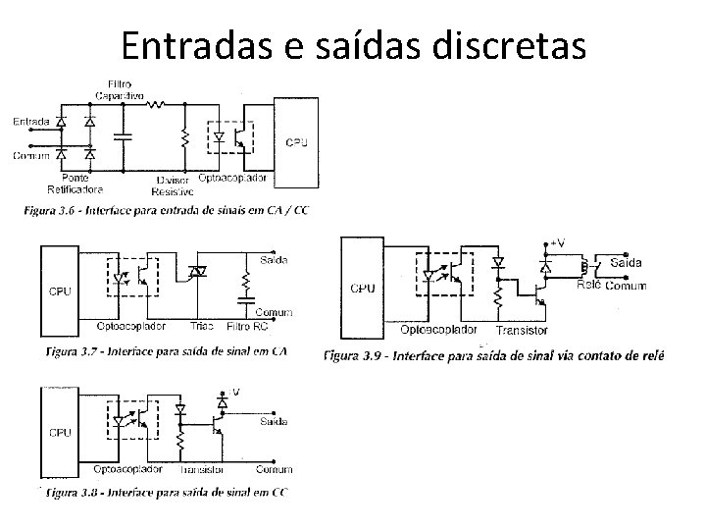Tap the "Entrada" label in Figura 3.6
click(31, 122)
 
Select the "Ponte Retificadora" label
click(75, 185)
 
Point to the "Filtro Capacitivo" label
click(120, 90)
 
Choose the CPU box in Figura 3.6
click(296, 142)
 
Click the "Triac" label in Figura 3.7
click(202, 326)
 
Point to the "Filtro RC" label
click(246, 326)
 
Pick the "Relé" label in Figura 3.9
click(588, 284)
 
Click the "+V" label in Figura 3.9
click(556, 241)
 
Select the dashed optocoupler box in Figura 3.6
click(230, 139)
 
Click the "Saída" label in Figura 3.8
click(274, 422)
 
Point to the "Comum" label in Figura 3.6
click(31, 156)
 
